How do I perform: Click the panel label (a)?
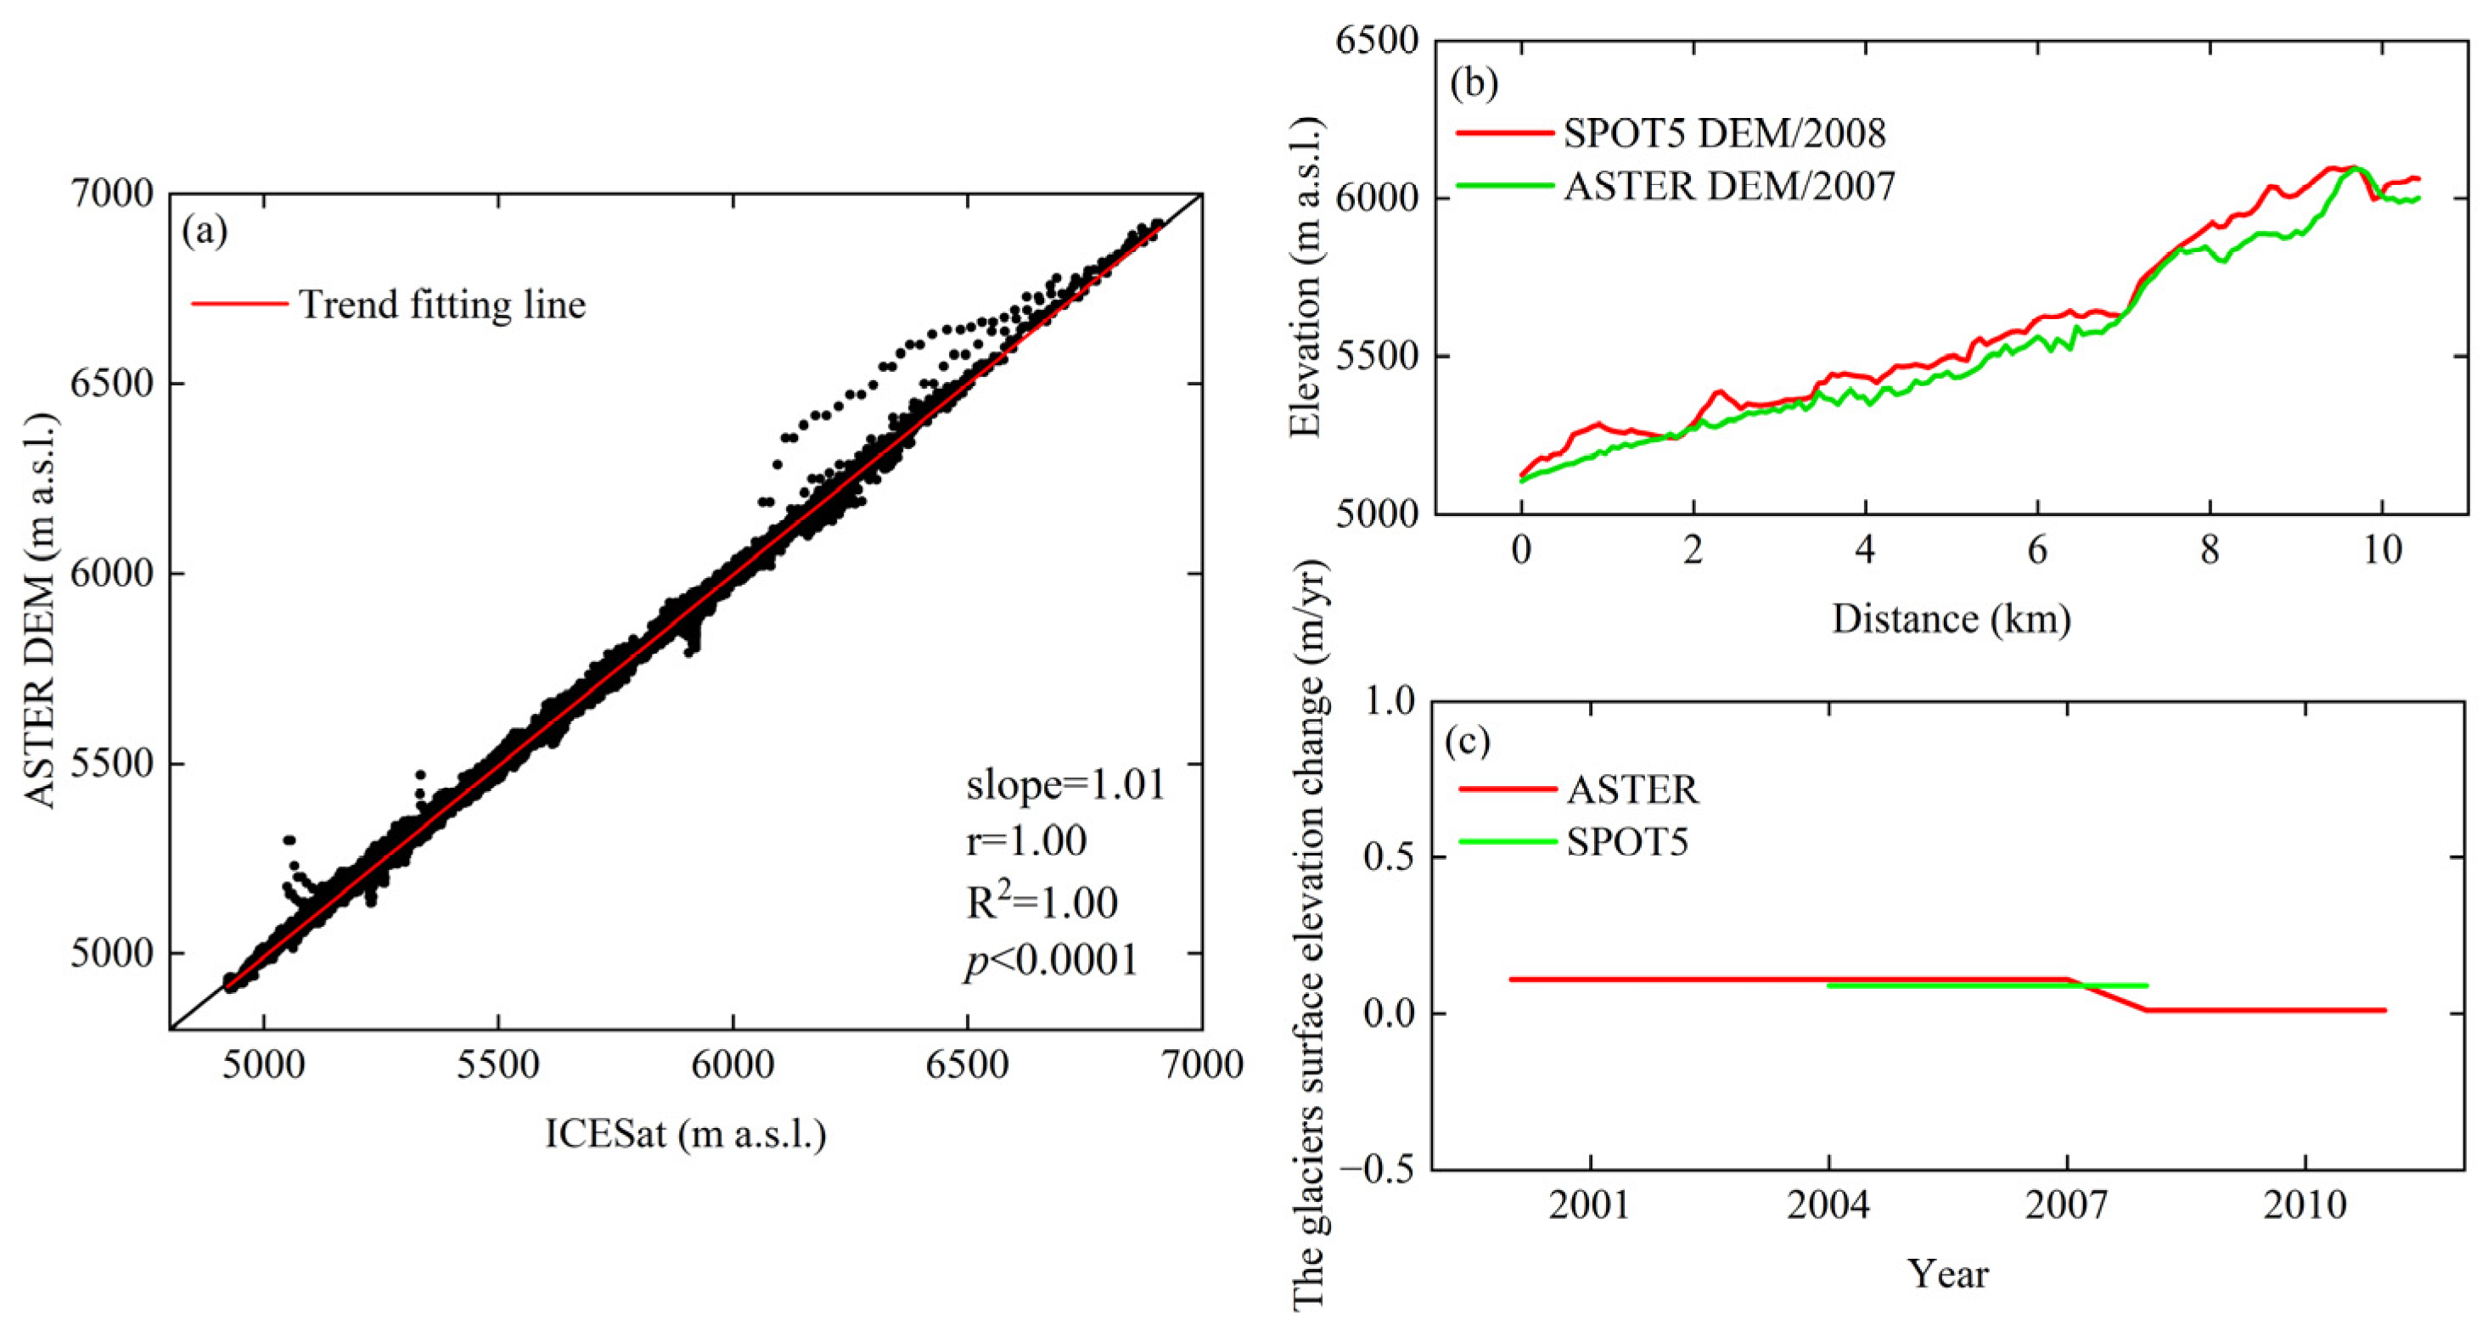[204, 231]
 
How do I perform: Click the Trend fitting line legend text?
[441, 306]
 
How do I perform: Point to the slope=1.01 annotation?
[1065, 784]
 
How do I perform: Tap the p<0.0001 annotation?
[1051, 960]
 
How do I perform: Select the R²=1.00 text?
[1042, 902]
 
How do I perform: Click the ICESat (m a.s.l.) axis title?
[686, 1134]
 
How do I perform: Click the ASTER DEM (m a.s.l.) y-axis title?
[41, 610]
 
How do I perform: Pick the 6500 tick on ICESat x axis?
[967, 1065]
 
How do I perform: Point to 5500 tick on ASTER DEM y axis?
[112, 764]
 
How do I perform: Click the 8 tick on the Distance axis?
[2210, 551]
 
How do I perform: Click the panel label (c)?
[1467, 741]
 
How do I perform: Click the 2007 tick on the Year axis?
[2067, 1205]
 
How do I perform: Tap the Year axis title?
[1947, 1274]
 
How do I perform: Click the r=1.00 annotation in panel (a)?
[1025, 842]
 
